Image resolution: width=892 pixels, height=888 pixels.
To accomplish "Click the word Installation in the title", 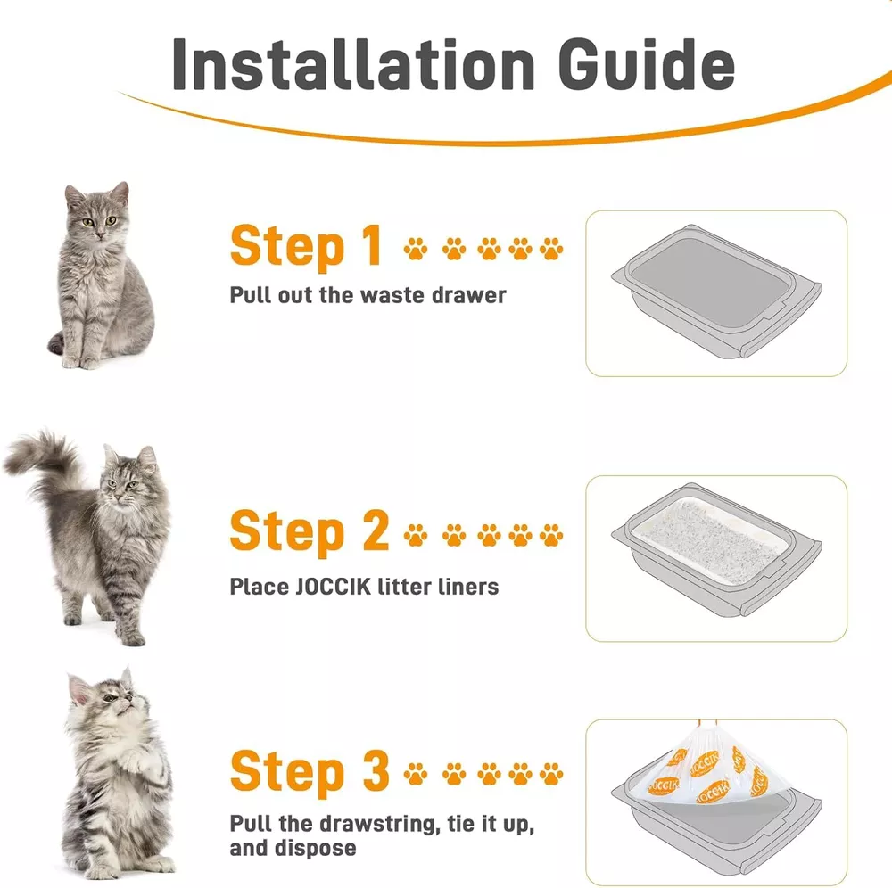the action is click(x=353, y=63).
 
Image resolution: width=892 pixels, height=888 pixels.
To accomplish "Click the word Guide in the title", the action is click(x=646, y=63).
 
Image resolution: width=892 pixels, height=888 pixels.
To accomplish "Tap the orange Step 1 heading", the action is click(x=306, y=247).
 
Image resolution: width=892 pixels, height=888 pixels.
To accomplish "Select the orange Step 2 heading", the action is click(x=310, y=531).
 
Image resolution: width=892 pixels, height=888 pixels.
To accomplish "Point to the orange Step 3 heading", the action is click(x=310, y=771).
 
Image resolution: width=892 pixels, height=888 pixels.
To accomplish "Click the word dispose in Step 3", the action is click(x=315, y=848).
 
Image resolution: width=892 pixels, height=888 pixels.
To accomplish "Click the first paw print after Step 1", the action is click(x=416, y=249).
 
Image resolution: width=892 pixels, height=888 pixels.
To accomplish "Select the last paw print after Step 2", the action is click(x=550, y=534).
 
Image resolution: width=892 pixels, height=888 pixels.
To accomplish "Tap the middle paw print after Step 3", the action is click(x=489, y=774).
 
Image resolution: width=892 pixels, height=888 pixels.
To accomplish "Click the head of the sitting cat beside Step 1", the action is click(x=97, y=210).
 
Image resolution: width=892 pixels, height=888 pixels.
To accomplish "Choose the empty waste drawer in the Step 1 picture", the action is click(x=716, y=291).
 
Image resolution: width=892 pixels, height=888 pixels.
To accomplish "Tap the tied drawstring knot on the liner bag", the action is click(x=706, y=723).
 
